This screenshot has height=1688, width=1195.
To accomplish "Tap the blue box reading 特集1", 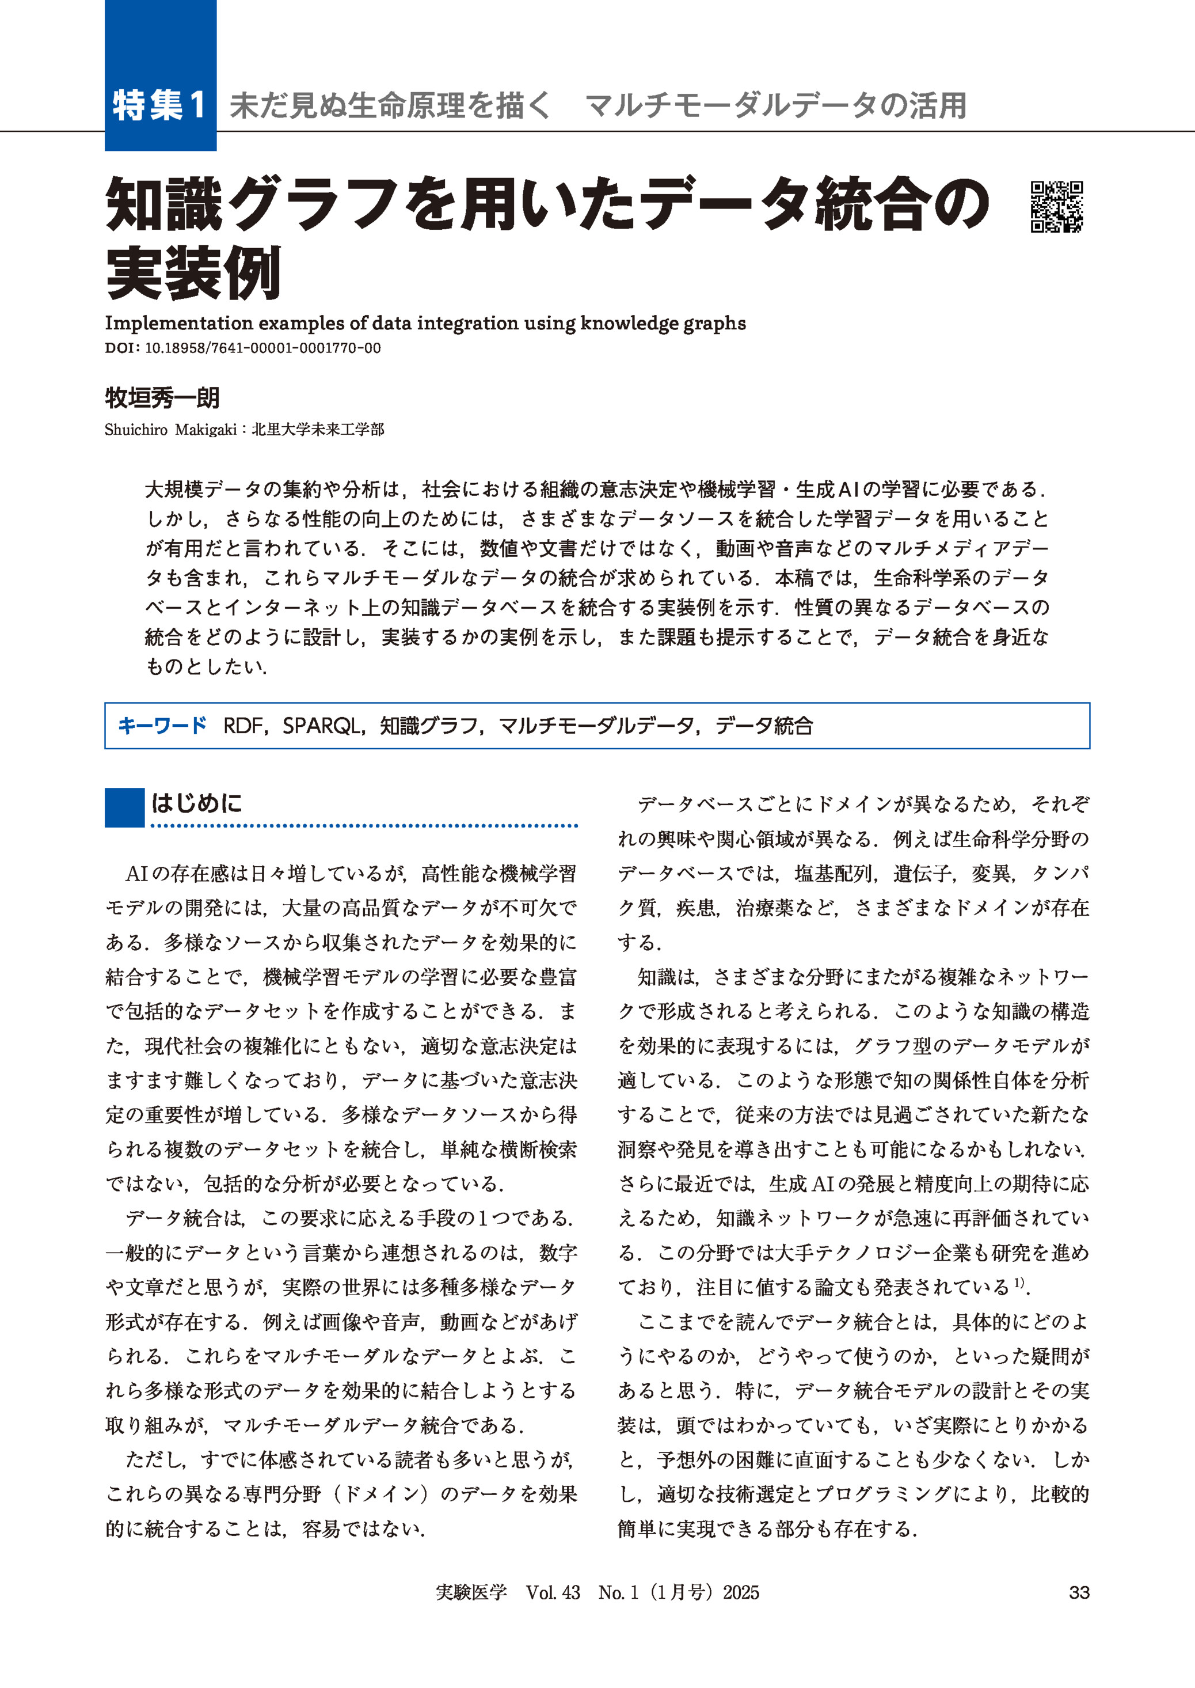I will [159, 105].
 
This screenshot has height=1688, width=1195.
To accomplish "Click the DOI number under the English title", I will [262, 348].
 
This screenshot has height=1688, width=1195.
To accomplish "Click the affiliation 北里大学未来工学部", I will [318, 430].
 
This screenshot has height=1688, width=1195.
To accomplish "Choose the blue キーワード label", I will [163, 726].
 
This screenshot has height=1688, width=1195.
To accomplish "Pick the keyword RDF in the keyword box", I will [243, 726].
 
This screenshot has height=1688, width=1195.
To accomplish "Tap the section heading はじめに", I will [196, 802].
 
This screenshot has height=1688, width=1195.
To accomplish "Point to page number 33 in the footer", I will [1079, 1592].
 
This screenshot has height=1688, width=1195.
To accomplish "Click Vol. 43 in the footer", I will [553, 1592].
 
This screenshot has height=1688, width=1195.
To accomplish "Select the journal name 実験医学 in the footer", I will [471, 1592].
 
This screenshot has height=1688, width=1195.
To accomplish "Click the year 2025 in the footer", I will [740, 1592].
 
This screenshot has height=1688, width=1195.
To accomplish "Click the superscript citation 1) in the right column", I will [1019, 1283].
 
